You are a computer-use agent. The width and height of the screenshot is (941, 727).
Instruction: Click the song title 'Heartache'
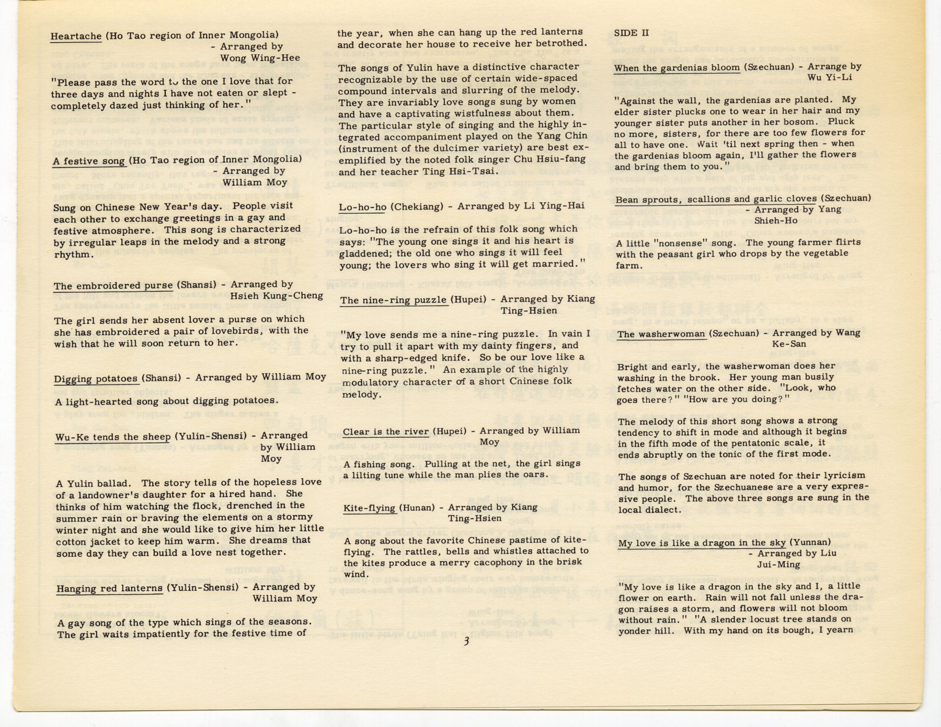click(76, 36)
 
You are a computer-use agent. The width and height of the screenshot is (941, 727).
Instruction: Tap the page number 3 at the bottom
click(466, 642)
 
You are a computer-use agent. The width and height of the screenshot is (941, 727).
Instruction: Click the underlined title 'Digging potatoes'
click(96, 378)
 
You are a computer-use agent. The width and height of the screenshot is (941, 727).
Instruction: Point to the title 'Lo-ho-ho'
click(362, 207)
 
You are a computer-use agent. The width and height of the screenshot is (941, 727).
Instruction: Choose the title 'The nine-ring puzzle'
click(393, 300)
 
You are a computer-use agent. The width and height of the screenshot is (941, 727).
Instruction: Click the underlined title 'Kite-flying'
click(369, 508)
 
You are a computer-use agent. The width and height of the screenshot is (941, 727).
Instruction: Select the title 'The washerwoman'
click(661, 334)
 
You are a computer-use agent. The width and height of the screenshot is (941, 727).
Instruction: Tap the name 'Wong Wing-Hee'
click(260, 58)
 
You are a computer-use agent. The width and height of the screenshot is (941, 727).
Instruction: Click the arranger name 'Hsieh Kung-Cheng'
click(276, 296)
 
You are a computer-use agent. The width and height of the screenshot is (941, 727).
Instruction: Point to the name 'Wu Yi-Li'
click(830, 77)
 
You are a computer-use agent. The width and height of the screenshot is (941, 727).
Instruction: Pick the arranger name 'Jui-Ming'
click(778, 564)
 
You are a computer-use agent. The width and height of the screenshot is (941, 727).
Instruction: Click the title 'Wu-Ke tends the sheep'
click(113, 437)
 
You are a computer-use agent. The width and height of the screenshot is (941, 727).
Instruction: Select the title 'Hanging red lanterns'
click(109, 588)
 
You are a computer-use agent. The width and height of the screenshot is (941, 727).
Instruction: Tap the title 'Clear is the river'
click(385, 431)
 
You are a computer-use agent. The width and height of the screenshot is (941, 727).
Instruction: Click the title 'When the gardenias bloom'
click(676, 67)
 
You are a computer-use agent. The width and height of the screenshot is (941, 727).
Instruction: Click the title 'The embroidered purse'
click(113, 286)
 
